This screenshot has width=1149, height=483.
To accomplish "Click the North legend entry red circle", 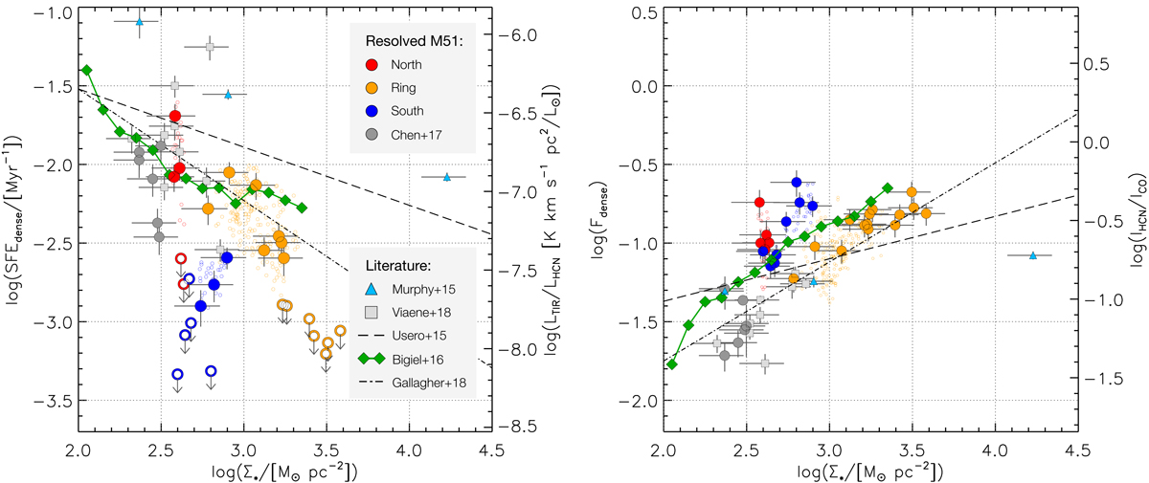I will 375,65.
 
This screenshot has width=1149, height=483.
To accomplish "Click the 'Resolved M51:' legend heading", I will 407,40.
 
